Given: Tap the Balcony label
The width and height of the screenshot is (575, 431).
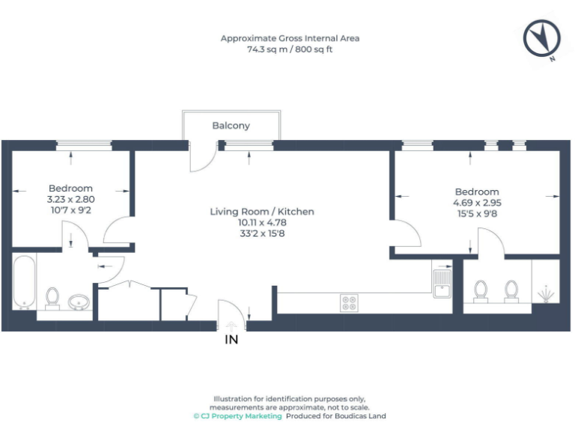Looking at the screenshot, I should pyautogui.click(x=231, y=126).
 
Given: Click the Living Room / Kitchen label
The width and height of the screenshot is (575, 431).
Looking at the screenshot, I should pyautogui.click(x=262, y=212).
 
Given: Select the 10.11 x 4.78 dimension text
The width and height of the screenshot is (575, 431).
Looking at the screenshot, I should pyautogui.click(x=262, y=222).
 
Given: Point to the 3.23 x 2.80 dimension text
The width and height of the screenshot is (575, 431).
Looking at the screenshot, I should pyautogui.click(x=71, y=200).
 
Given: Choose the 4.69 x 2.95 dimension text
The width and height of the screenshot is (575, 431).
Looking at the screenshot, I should pyautogui.click(x=476, y=203).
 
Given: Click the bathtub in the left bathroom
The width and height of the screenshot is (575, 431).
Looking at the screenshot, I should pyautogui.click(x=24, y=282).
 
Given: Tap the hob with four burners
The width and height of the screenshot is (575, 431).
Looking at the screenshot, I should pyautogui.click(x=349, y=302).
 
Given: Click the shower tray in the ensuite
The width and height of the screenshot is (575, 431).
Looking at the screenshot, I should pyautogui.click(x=545, y=283).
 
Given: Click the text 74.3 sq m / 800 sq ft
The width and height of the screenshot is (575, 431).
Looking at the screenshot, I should pyautogui.click(x=290, y=49).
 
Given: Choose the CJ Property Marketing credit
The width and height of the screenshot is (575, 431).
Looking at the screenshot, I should pyautogui.click(x=237, y=416).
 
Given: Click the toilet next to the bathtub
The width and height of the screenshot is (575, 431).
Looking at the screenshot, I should pyautogui.click(x=52, y=297).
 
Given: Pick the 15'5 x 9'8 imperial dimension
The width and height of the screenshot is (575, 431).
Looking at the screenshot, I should pyautogui.click(x=476, y=213).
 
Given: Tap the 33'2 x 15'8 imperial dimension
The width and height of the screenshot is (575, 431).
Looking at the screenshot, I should pyautogui.click(x=262, y=233).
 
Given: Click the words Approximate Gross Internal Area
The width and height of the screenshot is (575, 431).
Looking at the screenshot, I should pyautogui.click(x=290, y=38).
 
